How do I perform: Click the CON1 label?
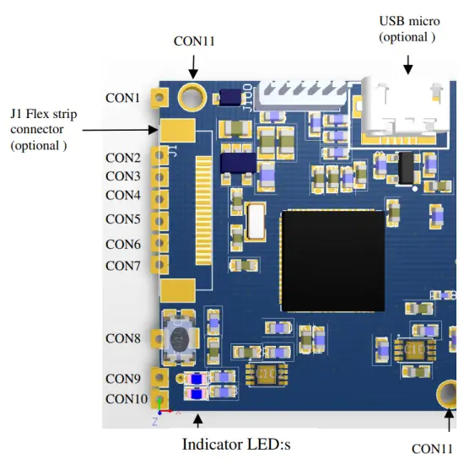click(122, 98)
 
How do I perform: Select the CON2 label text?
click(122, 158)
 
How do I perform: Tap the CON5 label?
click(122, 219)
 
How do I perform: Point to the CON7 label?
click(122, 266)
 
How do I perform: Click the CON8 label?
click(122, 338)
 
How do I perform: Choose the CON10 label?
click(126, 399)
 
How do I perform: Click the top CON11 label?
click(194, 40)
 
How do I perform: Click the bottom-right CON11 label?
click(436, 449)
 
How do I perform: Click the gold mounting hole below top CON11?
click(194, 98)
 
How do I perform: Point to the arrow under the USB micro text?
click(408, 64)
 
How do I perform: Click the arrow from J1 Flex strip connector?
click(118, 129)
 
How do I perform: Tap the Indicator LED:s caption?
click(236, 444)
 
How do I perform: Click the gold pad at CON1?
click(157, 98)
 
